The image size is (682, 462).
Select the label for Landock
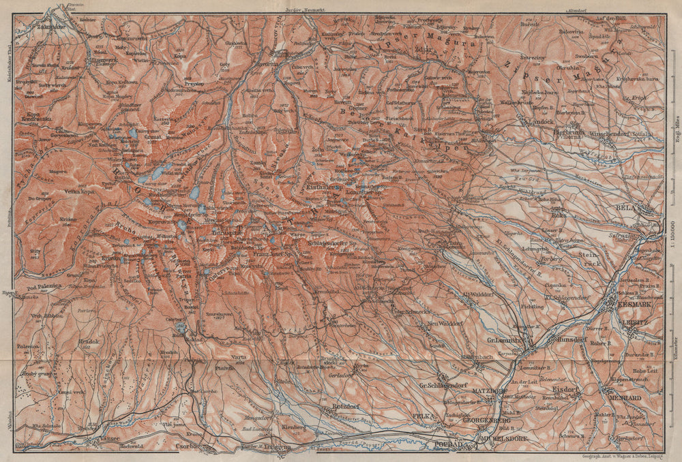click(540, 123)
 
